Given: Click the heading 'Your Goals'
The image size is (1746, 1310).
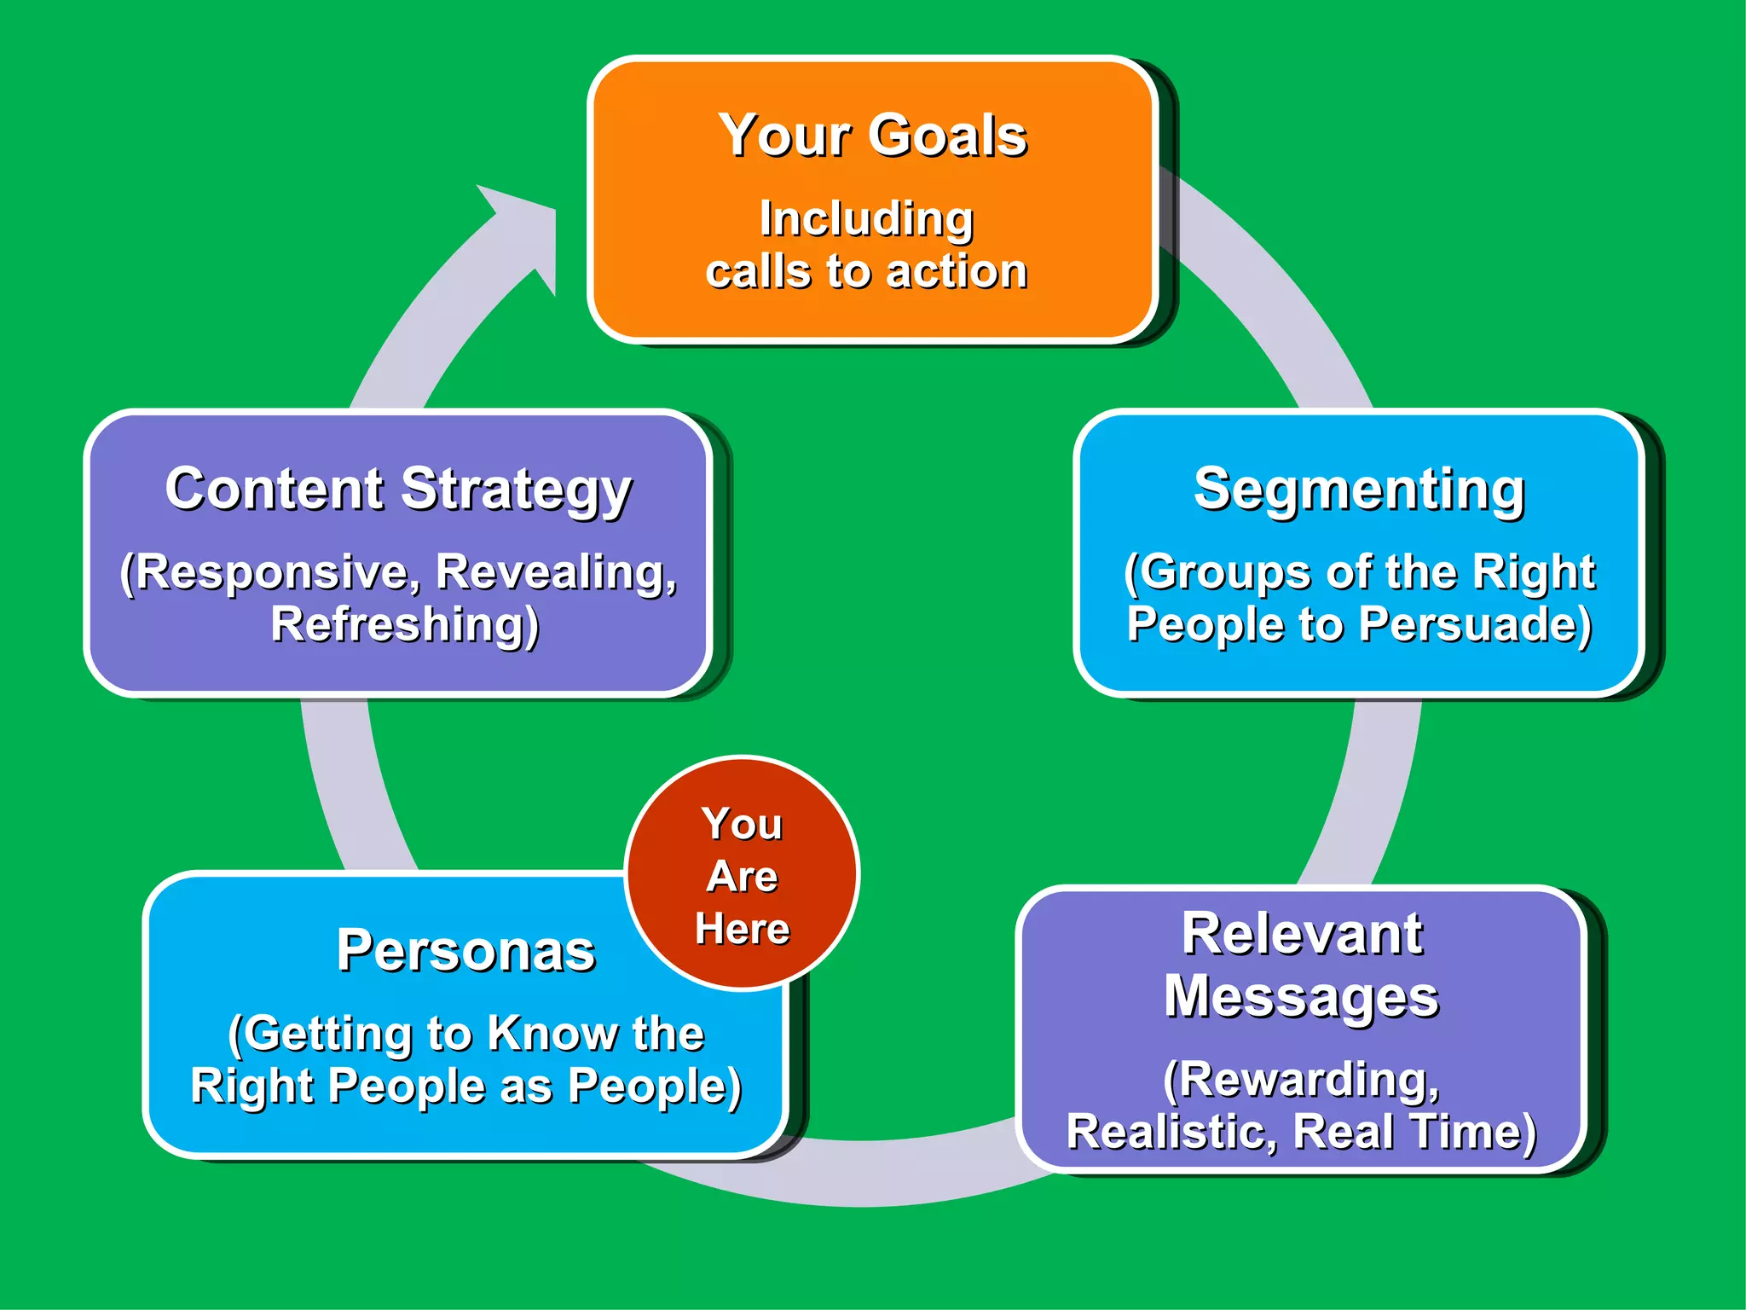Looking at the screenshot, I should [x=872, y=136].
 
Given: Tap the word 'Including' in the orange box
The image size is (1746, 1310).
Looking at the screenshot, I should [x=866, y=219].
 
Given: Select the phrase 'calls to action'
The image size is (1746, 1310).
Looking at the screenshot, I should [x=866, y=272].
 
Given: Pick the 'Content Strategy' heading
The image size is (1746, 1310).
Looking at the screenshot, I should [x=398, y=490].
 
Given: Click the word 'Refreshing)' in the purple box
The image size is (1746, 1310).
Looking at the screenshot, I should [x=405, y=624].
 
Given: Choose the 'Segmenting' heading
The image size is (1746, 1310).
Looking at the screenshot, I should [x=1359, y=490].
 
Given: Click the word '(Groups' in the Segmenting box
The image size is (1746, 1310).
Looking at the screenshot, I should [x=1197, y=571].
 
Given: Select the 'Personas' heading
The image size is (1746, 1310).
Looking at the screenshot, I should [x=465, y=950].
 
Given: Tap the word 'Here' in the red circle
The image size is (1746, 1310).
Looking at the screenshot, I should [x=742, y=929].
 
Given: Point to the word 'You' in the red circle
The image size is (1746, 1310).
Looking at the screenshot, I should [x=742, y=824].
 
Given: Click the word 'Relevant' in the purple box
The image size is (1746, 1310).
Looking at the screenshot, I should [x=1301, y=934].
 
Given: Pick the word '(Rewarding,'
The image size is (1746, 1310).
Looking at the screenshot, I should [x=1301, y=1080].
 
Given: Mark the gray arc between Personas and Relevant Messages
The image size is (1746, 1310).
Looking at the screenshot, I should [x=904, y=1173].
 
